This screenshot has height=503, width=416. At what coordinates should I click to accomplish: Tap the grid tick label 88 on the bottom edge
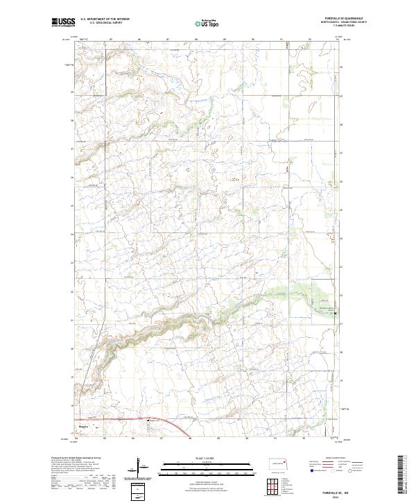click(x=190, y=439)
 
